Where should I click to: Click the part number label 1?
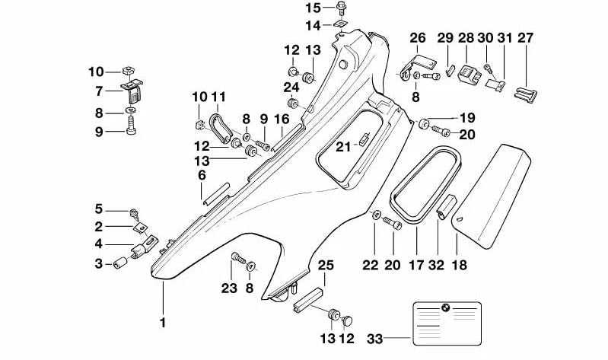click(162, 323)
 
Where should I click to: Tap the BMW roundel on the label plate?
click(447, 309)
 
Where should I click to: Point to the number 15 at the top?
click(314, 8)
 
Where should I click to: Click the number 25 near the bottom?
click(325, 266)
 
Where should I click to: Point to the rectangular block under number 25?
click(308, 299)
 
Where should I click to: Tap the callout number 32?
click(436, 266)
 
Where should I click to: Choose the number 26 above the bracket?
click(418, 38)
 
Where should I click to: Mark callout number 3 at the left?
click(98, 263)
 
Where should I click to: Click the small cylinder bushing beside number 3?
click(119, 263)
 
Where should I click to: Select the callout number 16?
click(282, 119)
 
